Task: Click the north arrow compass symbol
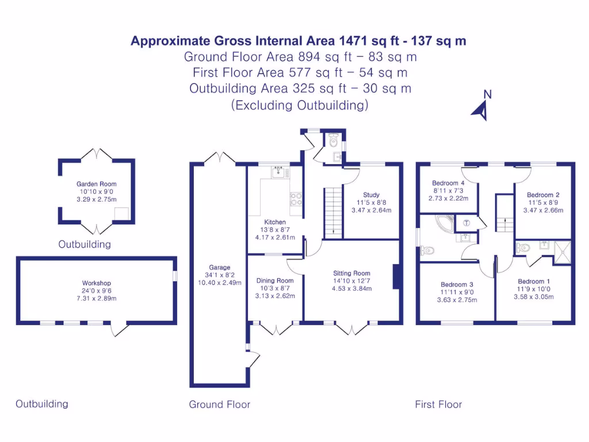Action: pyautogui.click(x=481, y=109)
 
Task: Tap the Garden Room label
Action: pyautogui.click(x=97, y=185)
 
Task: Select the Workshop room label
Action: pyautogui.click(x=97, y=283)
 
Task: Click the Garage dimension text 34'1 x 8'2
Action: pyautogui.click(x=220, y=275)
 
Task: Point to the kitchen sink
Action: pyautogui.click(x=279, y=170)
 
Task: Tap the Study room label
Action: pyautogui.click(x=371, y=195)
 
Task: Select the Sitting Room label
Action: pyautogui.click(x=351, y=273)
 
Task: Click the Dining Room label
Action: pyautogui.click(x=275, y=281)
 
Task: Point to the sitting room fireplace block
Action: pyautogui.click(x=396, y=276)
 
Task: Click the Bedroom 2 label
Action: pyautogui.click(x=543, y=195)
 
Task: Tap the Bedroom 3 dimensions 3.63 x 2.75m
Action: pyautogui.click(x=457, y=300)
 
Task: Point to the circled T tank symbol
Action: pyautogui.click(x=466, y=223)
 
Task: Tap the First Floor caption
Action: pyautogui.click(x=438, y=405)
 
